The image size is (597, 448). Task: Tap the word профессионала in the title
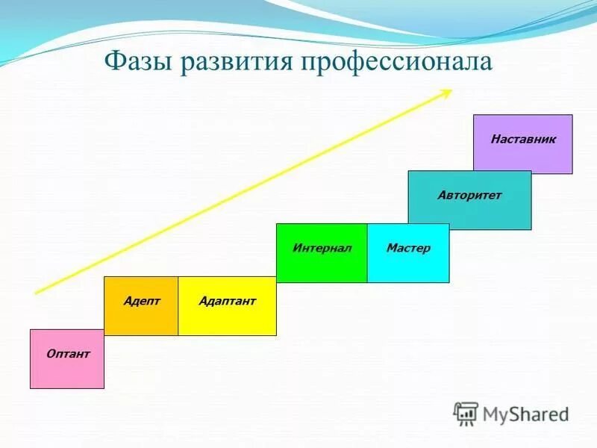[x=397, y=61]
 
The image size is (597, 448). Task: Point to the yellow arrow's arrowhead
[x=446, y=93]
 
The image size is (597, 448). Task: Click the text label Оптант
[x=68, y=354]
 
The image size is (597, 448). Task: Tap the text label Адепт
[x=142, y=301]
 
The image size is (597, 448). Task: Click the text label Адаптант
[x=228, y=301]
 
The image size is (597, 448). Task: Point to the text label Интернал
[x=322, y=248]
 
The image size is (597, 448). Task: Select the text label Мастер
[x=408, y=248]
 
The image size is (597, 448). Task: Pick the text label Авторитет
[x=469, y=196]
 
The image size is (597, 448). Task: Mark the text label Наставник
[x=523, y=139]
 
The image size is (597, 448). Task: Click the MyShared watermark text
[x=526, y=414]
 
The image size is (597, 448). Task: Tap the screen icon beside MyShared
[x=466, y=413]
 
